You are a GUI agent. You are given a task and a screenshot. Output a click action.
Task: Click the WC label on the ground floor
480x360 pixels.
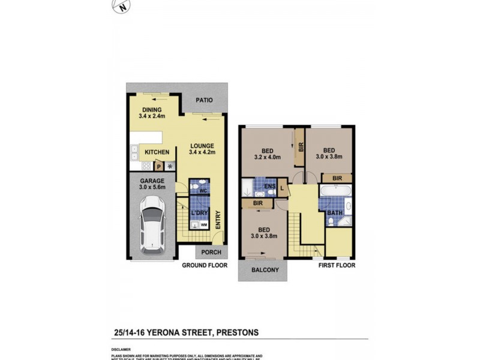(203, 191)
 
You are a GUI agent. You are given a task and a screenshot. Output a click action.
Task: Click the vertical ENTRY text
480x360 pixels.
(218, 221)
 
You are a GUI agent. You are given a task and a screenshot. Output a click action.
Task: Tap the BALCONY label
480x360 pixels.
(262, 271)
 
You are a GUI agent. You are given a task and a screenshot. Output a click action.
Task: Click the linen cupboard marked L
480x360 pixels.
(281, 190)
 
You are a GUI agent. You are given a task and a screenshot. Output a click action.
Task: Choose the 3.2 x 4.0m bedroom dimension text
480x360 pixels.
(267, 158)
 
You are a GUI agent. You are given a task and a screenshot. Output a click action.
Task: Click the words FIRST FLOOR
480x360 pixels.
(337, 265)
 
